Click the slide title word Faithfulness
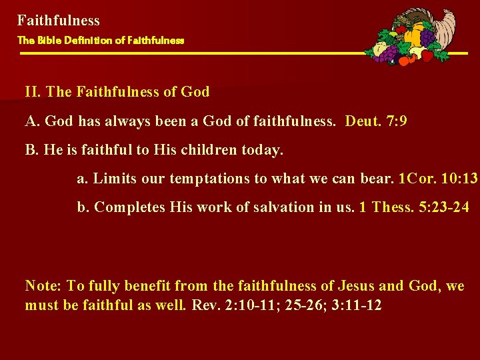pyautogui.click(x=59, y=21)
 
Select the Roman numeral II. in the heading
pyautogui.click(x=33, y=92)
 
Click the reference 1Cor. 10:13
pyautogui.click(x=437, y=179)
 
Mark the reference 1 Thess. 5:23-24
pyautogui.click(x=413, y=207)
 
